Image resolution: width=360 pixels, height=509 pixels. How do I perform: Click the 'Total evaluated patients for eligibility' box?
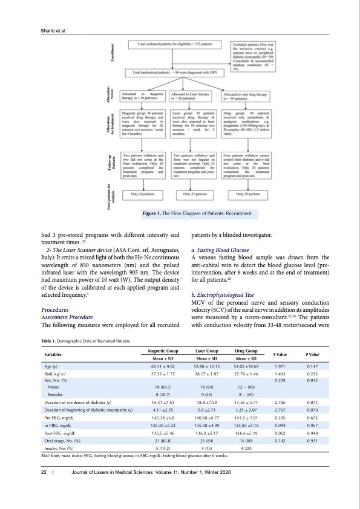(x=175, y=45)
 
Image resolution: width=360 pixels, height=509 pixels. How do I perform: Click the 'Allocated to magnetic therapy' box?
(x=143, y=97)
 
